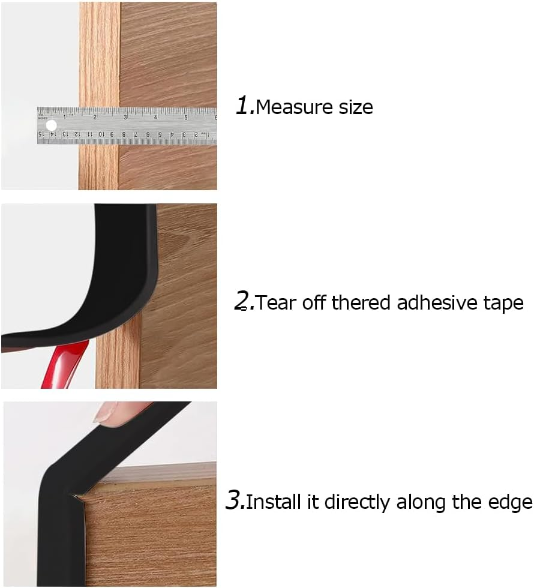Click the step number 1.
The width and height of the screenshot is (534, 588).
(x=242, y=106)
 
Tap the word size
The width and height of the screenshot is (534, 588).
(x=352, y=107)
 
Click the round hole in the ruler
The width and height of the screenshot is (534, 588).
(x=51, y=125)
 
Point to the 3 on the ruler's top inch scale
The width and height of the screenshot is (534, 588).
(x=125, y=117)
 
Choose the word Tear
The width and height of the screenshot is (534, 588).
(x=276, y=302)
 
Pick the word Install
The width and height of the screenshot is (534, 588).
(x=274, y=502)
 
